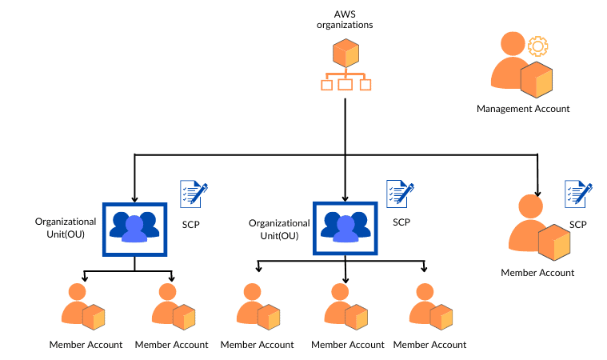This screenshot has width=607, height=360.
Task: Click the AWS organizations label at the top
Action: [344, 19]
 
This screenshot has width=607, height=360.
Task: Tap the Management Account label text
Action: [523, 109]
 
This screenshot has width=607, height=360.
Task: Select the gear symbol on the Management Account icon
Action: [537, 46]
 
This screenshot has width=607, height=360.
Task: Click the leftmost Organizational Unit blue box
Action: [134, 228]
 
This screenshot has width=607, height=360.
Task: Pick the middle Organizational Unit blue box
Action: [345, 228]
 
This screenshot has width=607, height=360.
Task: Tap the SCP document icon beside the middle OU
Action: [400, 193]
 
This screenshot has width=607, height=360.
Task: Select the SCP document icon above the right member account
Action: [578, 194]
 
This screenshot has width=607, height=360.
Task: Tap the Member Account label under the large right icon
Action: [537, 273]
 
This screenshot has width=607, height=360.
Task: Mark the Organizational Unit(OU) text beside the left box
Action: [66, 227]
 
